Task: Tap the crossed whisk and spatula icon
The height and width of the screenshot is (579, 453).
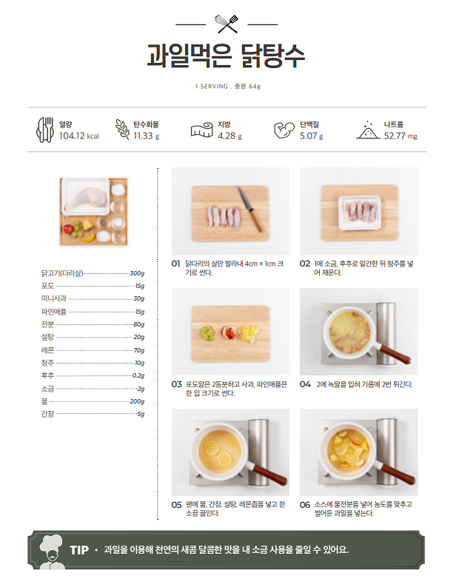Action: [226, 24]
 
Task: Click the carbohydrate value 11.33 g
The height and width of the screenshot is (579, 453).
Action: [146, 136]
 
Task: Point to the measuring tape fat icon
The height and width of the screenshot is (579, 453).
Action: [201, 130]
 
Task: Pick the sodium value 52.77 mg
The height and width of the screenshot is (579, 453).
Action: [400, 136]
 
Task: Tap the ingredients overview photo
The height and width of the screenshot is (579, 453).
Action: [93, 211]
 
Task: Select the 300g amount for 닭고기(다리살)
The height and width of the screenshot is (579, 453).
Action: [137, 273]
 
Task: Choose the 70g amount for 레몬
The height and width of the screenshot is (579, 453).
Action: [138, 350]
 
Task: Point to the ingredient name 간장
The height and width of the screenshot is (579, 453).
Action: [47, 414]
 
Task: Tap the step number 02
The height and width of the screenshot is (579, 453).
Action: [304, 264]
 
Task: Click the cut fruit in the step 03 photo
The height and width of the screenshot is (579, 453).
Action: [231, 333]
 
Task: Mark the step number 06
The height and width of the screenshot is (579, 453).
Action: [304, 504]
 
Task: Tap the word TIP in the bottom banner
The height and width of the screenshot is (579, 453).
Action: [79, 550]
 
